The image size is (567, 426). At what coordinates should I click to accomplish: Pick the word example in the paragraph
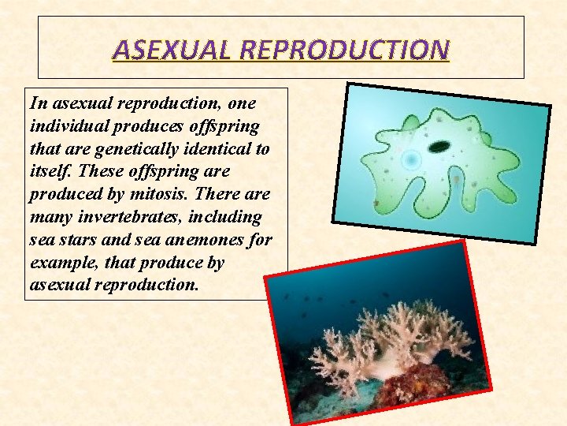[x=58, y=263]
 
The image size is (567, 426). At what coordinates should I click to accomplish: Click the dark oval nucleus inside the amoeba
[x=439, y=146]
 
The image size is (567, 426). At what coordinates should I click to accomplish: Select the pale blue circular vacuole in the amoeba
[x=410, y=161]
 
